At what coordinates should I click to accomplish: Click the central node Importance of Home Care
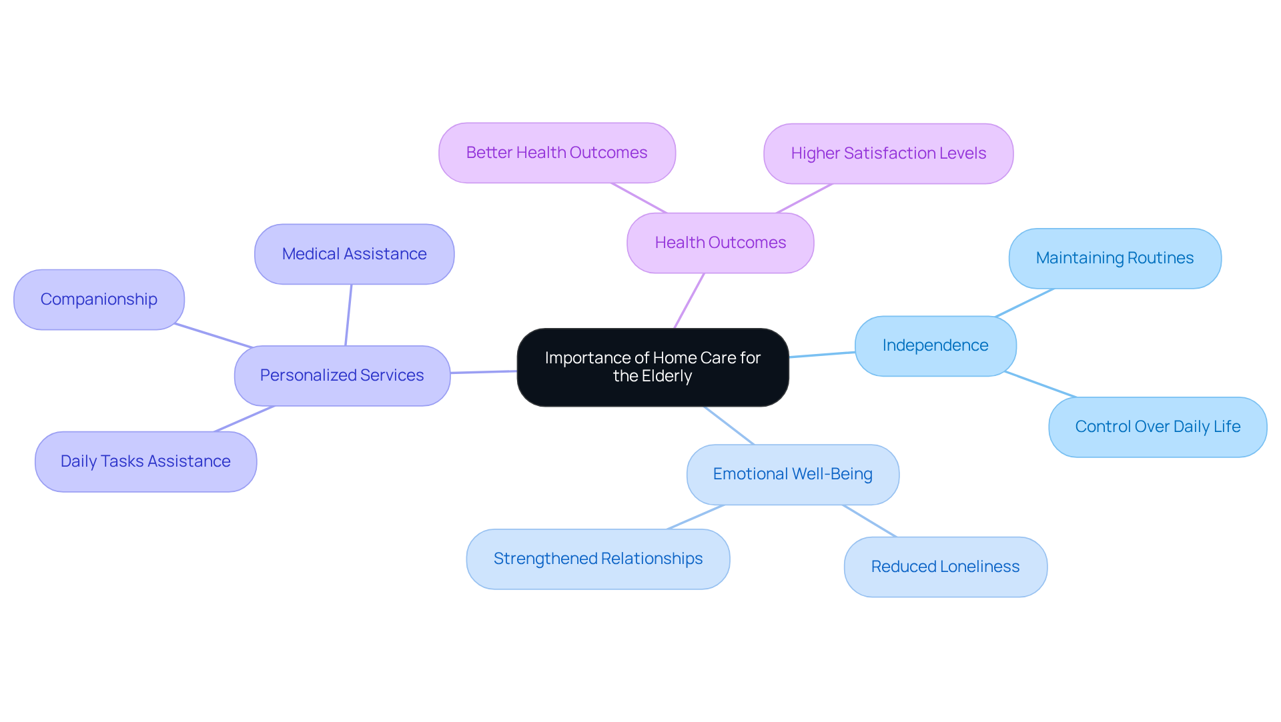tap(653, 367)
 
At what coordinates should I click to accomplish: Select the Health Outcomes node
tap(720, 243)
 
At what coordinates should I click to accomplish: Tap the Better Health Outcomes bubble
tap(556, 153)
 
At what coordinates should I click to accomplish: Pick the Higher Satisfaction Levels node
tap(888, 153)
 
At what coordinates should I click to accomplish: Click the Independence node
tap(935, 345)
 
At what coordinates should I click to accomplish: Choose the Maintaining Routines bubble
tap(1114, 258)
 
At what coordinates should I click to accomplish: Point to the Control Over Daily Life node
tap(1157, 427)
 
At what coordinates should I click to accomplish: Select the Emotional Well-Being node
tap(792, 474)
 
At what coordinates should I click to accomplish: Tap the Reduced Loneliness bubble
tap(945, 567)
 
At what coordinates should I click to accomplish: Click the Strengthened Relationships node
tap(598, 559)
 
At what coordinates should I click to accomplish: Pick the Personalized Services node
tap(342, 375)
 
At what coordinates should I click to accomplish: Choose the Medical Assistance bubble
tap(354, 254)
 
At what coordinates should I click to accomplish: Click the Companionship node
tap(99, 299)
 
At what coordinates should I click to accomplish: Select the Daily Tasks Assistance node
tap(145, 461)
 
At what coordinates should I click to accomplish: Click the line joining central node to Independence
tap(822, 355)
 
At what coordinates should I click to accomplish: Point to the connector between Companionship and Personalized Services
tap(213, 336)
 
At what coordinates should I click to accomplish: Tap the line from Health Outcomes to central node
tap(689, 301)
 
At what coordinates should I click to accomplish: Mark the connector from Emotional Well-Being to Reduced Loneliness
tap(869, 521)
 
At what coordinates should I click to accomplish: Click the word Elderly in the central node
tap(669, 377)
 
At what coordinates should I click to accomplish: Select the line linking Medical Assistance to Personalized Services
tap(348, 315)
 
